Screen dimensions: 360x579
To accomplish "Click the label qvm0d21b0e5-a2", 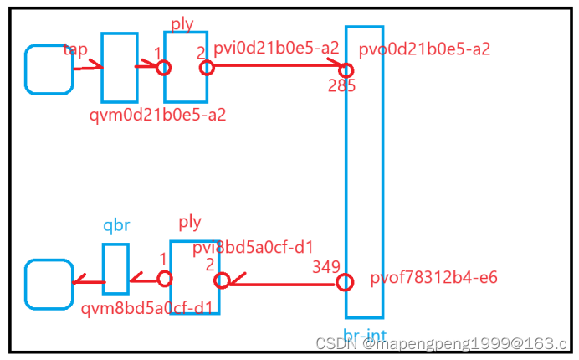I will click(x=157, y=115).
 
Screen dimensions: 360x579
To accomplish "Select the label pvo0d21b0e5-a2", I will click(x=424, y=49).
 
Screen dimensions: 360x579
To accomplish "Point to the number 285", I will click(x=341, y=85).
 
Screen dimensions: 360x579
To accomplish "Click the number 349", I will click(x=326, y=267).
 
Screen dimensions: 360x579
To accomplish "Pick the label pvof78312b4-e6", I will click(x=433, y=277).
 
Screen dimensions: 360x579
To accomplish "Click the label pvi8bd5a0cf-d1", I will click(x=253, y=247).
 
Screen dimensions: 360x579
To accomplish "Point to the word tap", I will click(x=75, y=49).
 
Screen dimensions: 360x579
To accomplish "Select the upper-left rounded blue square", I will click(x=49, y=69).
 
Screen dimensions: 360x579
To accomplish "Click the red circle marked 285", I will click(x=346, y=69).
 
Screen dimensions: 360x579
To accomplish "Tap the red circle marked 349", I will click(x=344, y=283).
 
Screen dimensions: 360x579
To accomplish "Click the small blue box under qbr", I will click(x=115, y=269).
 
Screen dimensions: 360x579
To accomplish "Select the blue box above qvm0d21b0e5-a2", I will click(x=119, y=68).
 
